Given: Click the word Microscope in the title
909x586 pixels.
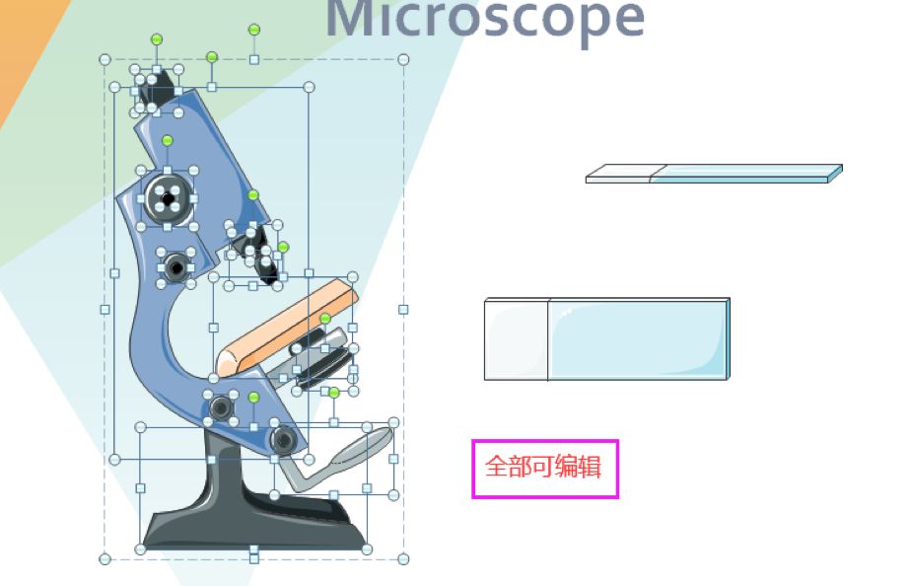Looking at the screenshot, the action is pyautogui.click(x=485, y=18).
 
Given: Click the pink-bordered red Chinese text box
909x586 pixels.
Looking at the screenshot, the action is pyautogui.click(x=544, y=469).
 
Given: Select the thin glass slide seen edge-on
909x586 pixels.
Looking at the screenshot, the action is pyautogui.click(x=714, y=174).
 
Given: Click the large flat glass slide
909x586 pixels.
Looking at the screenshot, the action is pyautogui.click(x=606, y=338).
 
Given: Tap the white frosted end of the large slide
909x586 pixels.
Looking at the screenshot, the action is pyautogui.click(x=516, y=338).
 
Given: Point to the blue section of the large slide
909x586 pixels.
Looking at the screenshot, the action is pyautogui.click(x=636, y=338).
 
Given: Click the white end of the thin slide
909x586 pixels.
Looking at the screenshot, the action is pyautogui.click(x=618, y=175).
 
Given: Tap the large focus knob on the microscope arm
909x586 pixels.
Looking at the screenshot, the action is pyautogui.click(x=168, y=199).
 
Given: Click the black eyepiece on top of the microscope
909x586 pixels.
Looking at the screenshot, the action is pyautogui.click(x=156, y=90).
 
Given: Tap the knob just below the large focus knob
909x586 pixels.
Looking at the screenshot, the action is pyautogui.click(x=176, y=266).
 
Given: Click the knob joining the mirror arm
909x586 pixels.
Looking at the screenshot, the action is pyautogui.click(x=283, y=439).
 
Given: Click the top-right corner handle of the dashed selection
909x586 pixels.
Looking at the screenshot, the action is pyautogui.click(x=403, y=60).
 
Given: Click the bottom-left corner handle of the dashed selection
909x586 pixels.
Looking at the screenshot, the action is pyautogui.click(x=105, y=559).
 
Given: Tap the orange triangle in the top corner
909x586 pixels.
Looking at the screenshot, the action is pyautogui.click(x=25, y=49).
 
